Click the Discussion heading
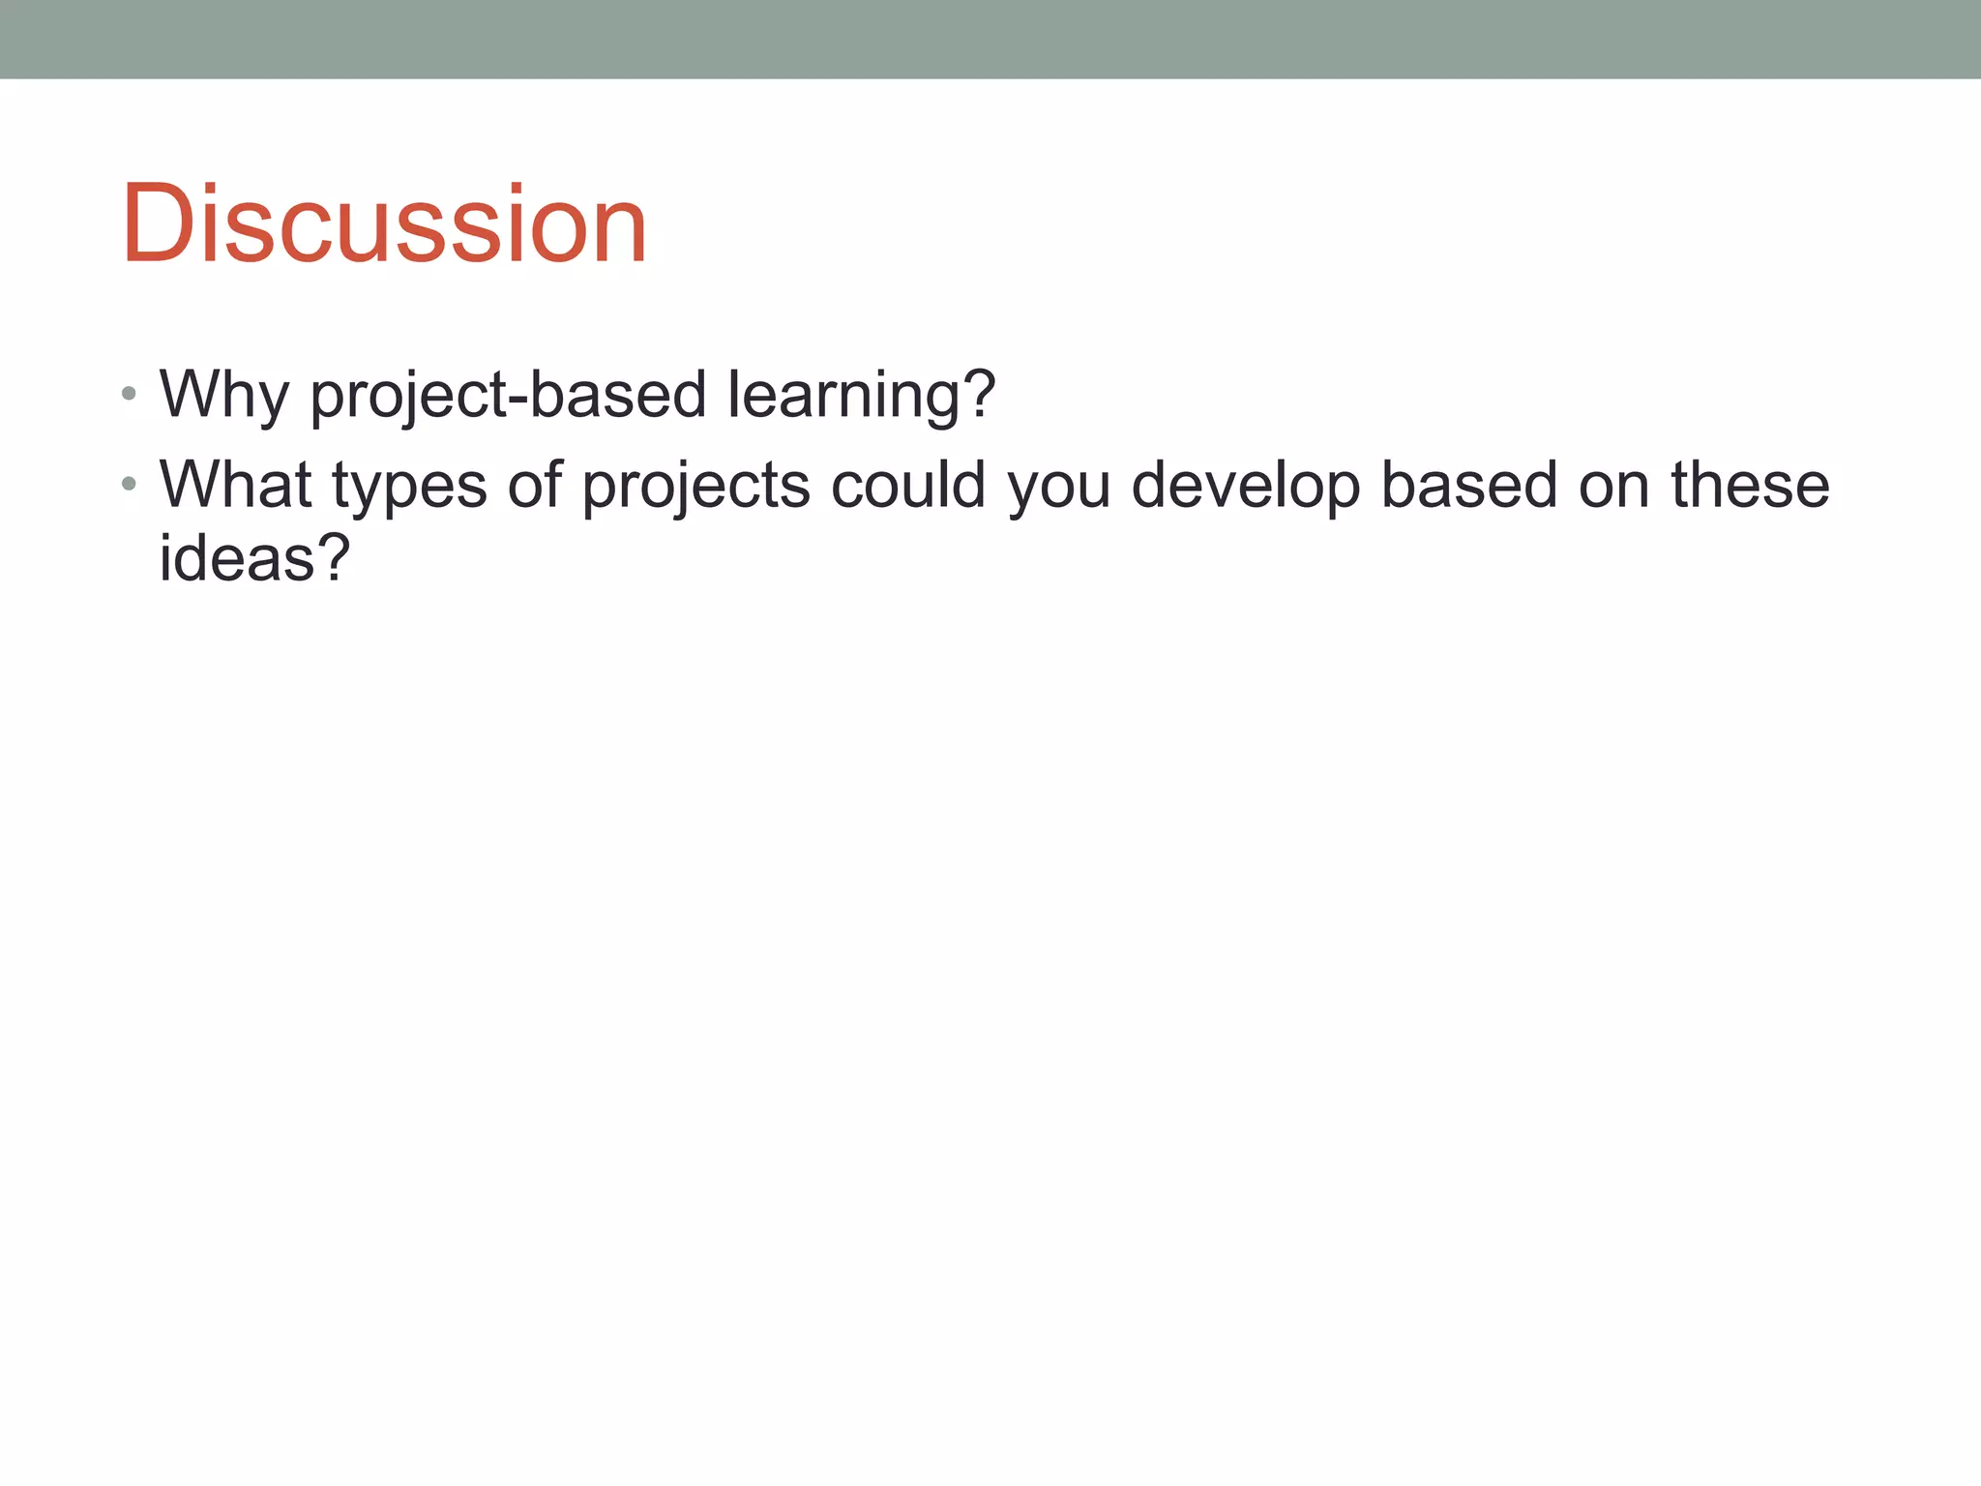pyautogui.click(x=384, y=224)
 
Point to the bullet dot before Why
pyautogui.click(x=130, y=394)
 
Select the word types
pyautogui.click(x=409, y=486)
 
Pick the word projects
pyautogui.click(x=695, y=486)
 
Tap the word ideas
pyautogui.click(x=236, y=558)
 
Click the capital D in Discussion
pyautogui.click(x=158, y=224)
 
